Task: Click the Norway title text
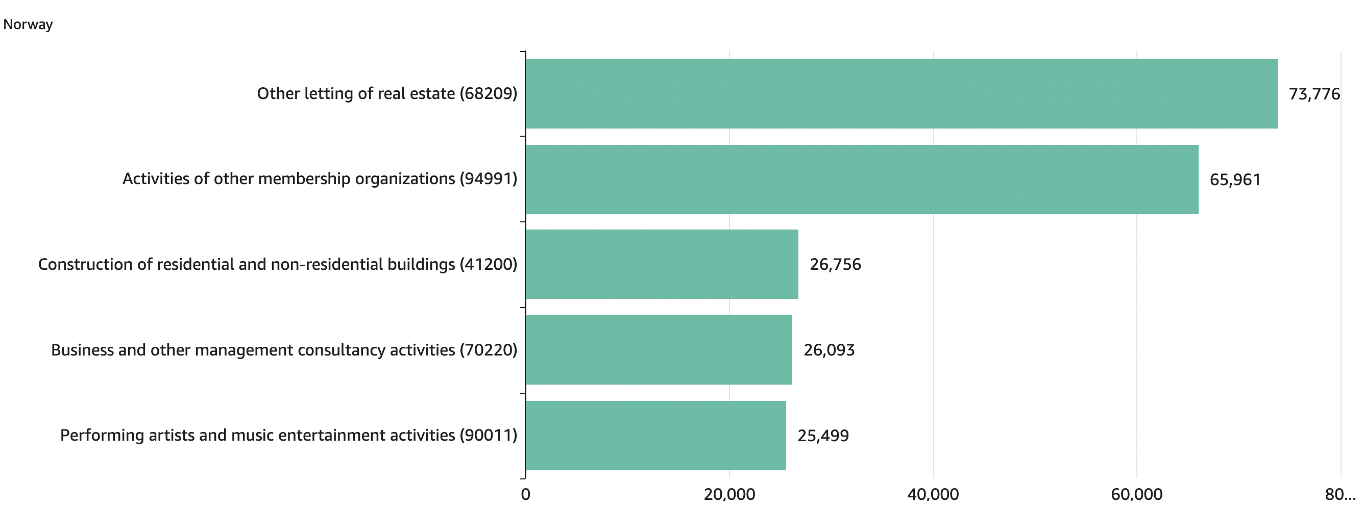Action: [x=28, y=24]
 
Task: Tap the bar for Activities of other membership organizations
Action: [x=861, y=179]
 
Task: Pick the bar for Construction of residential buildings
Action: [x=662, y=264]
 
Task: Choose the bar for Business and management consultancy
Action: [x=658, y=349]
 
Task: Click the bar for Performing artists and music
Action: [x=655, y=435]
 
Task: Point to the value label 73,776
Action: [x=1314, y=94]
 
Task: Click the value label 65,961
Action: [x=1235, y=180]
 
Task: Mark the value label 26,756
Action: [x=835, y=264]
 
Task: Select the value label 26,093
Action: [x=829, y=350]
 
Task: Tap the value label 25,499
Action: [x=823, y=436]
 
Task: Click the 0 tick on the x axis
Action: [x=525, y=494]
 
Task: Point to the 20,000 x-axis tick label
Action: [x=729, y=494]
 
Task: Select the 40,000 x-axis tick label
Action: [x=933, y=494]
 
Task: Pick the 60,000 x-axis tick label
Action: [x=1136, y=494]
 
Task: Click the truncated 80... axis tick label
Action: [x=1340, y=494]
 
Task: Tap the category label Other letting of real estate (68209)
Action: [x=387, y=93]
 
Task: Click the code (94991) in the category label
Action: [x=488, y=179]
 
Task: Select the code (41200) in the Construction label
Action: [x=488, y=264]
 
